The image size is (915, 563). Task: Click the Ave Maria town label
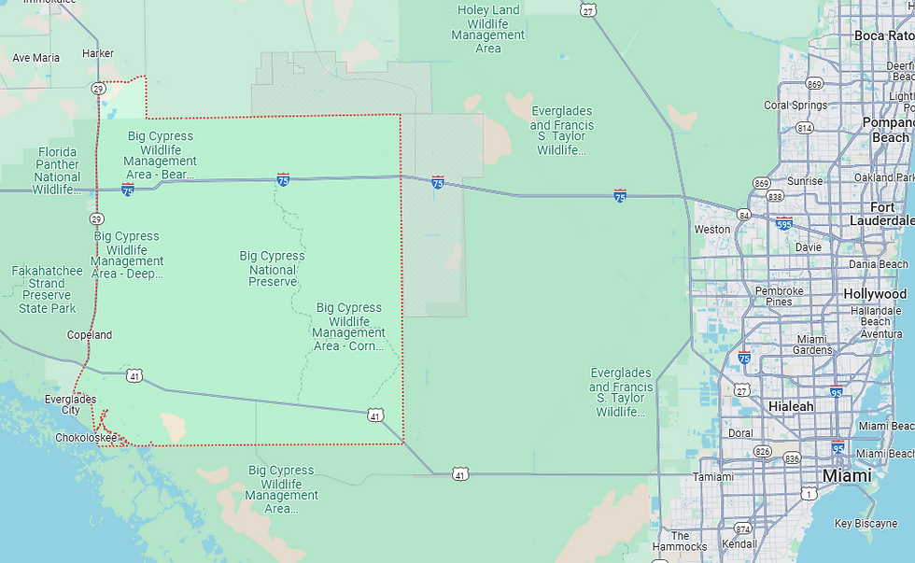[x=35, y=58]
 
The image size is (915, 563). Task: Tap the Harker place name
[x=98, y=53]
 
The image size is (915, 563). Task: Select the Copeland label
[x=90, y=334]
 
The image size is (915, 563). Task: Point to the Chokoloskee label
[x=85, y=437]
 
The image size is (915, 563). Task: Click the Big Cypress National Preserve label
[x=272, y=269]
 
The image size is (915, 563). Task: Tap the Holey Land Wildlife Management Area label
[x=488, y=29]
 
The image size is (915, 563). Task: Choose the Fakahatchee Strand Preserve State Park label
[x=47, y=289]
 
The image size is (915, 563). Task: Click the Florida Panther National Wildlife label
[x=57, y=171]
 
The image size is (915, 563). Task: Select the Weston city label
[x=712, y=229]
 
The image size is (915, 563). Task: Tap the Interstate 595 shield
[x=784, y=224]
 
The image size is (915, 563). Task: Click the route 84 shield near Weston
[x=743, y=215]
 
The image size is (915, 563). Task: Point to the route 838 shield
[x=775, y=196]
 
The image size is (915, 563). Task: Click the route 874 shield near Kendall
[x=742, y=528]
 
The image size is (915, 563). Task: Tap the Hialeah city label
[x=791, y=407]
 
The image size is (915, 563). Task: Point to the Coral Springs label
[x=795, y=106]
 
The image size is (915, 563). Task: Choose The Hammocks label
[x=680, y=541]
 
